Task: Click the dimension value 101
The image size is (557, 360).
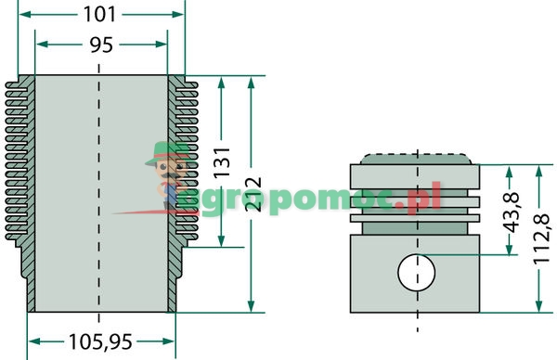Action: point(99,15)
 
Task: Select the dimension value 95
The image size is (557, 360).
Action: point(101,45)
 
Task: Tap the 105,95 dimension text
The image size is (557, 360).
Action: point(100,341)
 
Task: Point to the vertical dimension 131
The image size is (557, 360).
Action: point(222,161)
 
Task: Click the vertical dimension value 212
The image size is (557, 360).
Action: point(253,194)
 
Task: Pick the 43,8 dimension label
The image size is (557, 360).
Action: point(512,212)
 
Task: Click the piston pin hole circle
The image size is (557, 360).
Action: point(417,272)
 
